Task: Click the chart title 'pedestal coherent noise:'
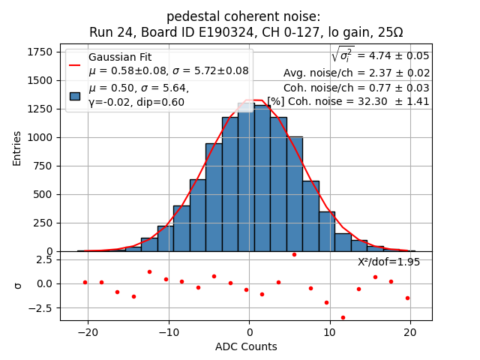point(243,16)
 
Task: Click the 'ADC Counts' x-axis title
point(246,346)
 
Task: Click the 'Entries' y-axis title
point(17,148)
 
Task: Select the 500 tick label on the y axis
point(41,194)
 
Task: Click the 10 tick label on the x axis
point(329,331)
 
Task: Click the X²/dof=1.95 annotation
point(388,262)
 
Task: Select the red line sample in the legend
point(75,64)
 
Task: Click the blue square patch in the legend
point(75,95)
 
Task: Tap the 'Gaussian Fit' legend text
point(118,58)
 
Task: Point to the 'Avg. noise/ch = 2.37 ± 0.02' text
point(356,73)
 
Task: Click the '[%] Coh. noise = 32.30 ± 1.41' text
point(348,101)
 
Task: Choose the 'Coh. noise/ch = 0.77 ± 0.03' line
point(357,87)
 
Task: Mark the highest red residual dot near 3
point(294,254)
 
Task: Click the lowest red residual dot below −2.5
point(343,317)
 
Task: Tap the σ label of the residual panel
point(18,284)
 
